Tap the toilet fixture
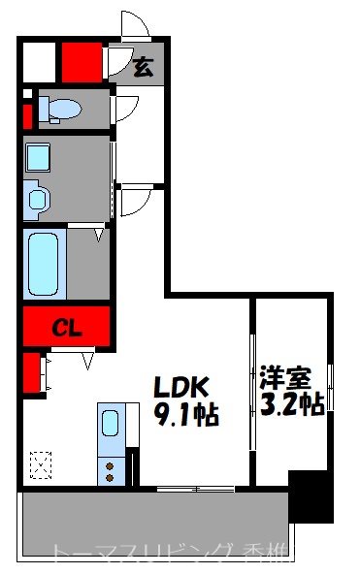click(x=61, y=110)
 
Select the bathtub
click(x=43, y=263)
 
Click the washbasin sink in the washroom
click(x=38, y=199)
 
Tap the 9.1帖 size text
click(x=187, y=416)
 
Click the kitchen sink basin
click(x=110, y=424)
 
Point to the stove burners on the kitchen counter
click(x=110, y=471)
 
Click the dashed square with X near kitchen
click(x=41, y=465)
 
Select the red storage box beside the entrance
click(x=82, y=64)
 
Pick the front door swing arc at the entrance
click(x=133, y=24)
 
